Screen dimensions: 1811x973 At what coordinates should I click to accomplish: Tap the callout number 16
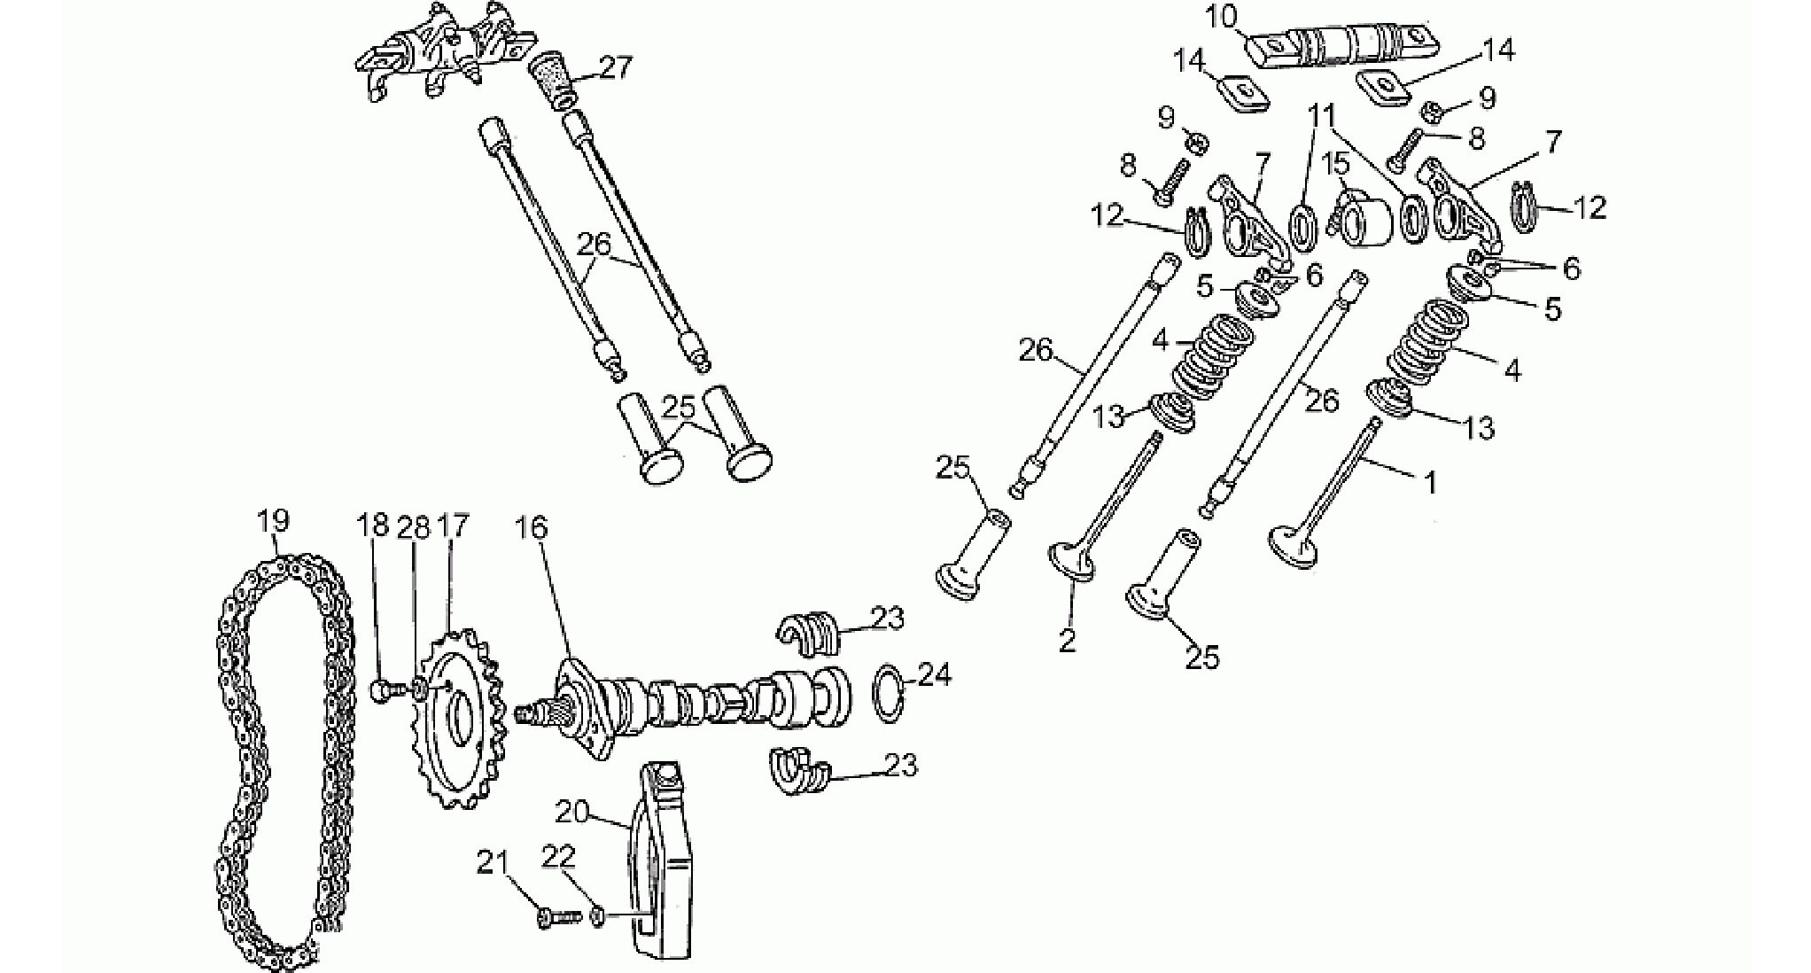click(x=532, y=528)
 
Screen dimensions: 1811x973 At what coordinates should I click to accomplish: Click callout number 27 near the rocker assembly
click(x=616, y=67)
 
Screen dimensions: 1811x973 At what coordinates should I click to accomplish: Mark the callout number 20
click(x=573, y=810)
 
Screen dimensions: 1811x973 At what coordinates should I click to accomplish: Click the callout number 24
click(x=933, y=674)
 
